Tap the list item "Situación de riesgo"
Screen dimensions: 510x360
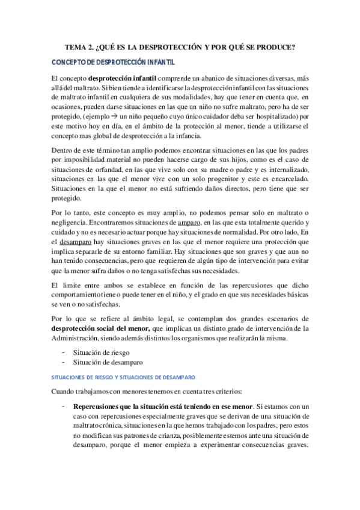pyautogui.click(x=101, y=352)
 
